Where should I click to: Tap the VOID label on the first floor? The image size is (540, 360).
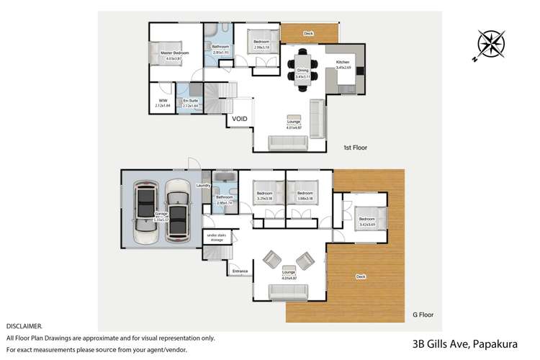tap(240, 120)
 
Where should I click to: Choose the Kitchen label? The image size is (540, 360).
tap(343, 63)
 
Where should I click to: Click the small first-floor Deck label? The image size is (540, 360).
tap(308, 33)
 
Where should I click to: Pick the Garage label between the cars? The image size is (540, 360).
tap(162, 213)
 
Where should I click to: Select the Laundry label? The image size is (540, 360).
tap(203, 186)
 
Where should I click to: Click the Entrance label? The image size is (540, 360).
tap(240, 271)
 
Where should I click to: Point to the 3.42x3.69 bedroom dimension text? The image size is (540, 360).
tap(367, 225)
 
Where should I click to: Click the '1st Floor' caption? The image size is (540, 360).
tap(355, 147)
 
